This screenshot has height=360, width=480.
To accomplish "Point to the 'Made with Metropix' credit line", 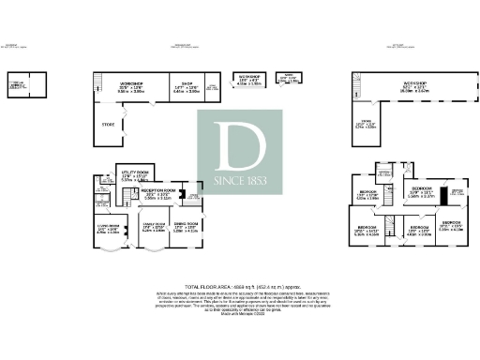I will pos(239,313).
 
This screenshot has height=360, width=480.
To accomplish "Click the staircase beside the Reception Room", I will pos(138,196).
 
